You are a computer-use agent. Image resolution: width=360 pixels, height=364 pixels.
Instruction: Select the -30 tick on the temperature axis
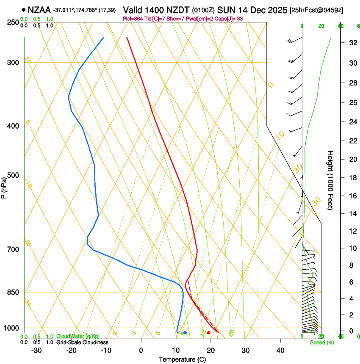coord(36,350)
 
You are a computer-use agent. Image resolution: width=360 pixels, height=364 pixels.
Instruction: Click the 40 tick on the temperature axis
coord(280,350)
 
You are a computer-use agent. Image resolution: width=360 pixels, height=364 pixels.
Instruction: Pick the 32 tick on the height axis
coord(352,42)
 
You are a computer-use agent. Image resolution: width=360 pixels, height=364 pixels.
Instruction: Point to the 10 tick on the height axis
coord(352,248)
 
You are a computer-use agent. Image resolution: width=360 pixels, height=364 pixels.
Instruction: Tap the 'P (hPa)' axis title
coord(4,186)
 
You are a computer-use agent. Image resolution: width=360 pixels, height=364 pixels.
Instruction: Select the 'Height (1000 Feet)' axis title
coord(330,180)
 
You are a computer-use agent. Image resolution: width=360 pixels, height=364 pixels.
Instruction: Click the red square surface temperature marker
coord(208,333)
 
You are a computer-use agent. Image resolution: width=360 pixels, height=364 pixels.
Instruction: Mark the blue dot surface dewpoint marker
coord(185,333)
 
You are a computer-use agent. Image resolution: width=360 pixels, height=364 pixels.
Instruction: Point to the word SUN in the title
coord(225,9)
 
